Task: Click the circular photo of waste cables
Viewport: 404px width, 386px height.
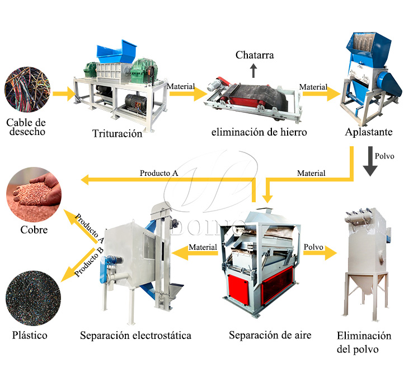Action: (x=27, y=89)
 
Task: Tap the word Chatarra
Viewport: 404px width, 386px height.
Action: (x=255, y=55)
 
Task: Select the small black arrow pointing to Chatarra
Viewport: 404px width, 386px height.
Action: (x=254, y=71)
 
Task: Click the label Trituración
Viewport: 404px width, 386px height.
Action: (x=118, y=134)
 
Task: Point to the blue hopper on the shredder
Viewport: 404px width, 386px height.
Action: (x=117, y=52)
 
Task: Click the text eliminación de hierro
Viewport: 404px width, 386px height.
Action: (x=259, y=132)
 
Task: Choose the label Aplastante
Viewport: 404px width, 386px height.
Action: (x=369, y=132)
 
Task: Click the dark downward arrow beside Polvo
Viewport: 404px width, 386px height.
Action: (x=370, y=161)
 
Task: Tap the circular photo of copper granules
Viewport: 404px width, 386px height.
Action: (x=34, y=194)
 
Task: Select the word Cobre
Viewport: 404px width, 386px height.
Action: (x=34, y=230)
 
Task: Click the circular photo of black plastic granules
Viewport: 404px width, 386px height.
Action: (x=33, y=298)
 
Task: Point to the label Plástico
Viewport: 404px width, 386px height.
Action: (x=30, y=335)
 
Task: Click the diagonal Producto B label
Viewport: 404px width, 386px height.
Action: (x=89, y=262)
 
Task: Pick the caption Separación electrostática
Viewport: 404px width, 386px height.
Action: (x=135, y=336)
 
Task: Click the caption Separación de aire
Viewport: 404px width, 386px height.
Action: (x=270, y=335)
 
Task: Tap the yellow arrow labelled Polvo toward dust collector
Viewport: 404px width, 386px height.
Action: (x=320, y=253)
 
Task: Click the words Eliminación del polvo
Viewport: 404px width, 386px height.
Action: (x=364, y=342)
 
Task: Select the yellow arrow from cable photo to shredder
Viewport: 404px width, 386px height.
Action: (x=64, y=94)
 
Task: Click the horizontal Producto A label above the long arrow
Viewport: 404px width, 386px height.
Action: (x=159, y=173)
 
